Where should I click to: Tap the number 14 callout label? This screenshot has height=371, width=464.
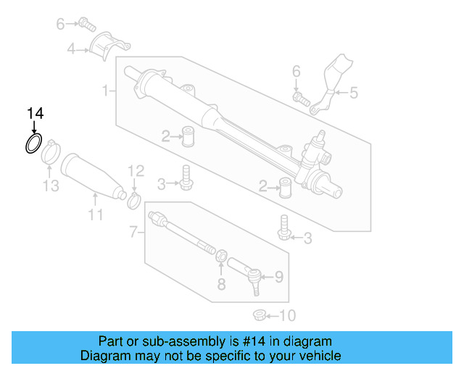35,113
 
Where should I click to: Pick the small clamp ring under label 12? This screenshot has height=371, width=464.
134,199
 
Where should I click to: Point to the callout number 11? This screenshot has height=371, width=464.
96,214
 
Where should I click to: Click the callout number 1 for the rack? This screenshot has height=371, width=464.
106,91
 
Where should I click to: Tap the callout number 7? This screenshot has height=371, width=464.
133,233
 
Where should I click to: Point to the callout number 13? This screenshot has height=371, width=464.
49,187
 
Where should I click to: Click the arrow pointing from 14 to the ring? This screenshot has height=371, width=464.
35,127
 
